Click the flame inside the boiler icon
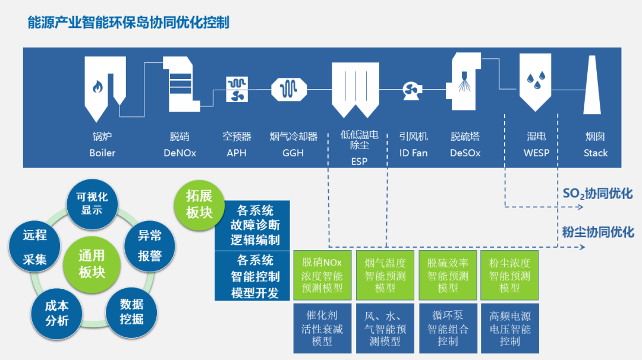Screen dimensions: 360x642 (x=97, y=87)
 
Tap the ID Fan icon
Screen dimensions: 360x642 (x=411, y=89)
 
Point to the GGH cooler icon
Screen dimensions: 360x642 (x=289, y=89)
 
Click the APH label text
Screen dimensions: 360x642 (x=236, y=153)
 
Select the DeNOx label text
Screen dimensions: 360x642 (x=180, y=153)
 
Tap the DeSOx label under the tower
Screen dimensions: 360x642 (x=465, y=153)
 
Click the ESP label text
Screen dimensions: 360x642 (x=359, y=161)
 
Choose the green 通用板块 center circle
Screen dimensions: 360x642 (x=92, y=263)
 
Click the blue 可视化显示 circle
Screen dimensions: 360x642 (x=92, y=203)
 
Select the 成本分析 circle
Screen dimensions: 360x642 (x=57, y=313)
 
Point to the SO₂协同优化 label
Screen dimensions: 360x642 (x=597, y=194)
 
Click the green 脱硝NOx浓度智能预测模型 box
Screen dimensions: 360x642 (x=322, y=274)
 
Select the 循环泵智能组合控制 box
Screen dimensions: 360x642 (x=448, y=328)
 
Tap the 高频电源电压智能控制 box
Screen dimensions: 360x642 (x=509, y=328)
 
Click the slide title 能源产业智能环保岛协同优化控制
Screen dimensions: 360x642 (x=128, y=23)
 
